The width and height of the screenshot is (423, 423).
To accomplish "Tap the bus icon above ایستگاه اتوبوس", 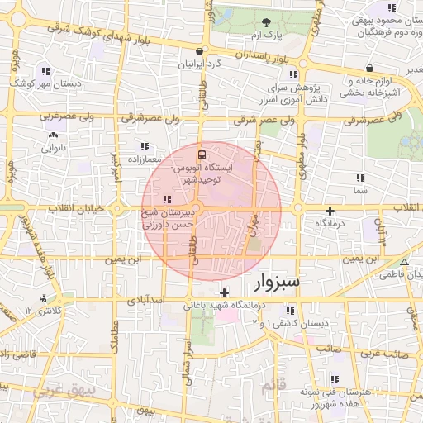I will [201, 154].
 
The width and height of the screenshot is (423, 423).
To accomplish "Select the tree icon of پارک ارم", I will [266, 22].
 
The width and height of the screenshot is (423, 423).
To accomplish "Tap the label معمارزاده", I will [148, 158].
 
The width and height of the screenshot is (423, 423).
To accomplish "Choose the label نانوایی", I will [51, 149].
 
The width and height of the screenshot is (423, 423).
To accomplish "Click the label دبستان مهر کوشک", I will [43, 83].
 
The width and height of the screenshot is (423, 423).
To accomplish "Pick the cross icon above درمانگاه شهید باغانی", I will [225, 292].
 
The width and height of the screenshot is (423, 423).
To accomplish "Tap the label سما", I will [359, 191].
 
